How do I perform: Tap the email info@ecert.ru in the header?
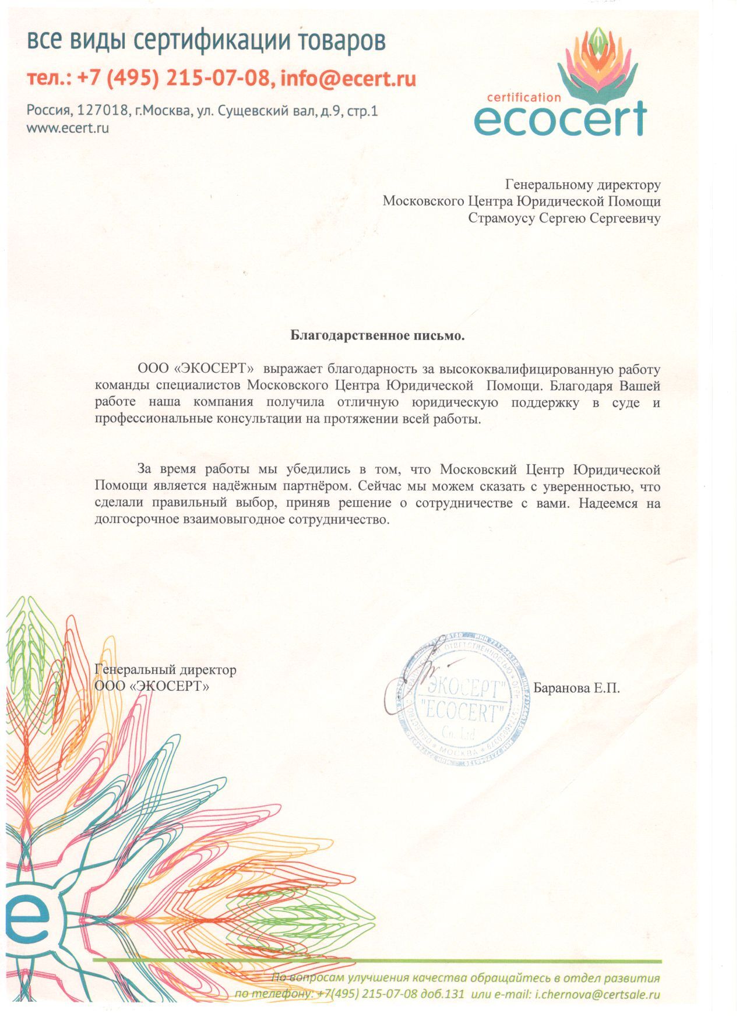click(x=348, y=78)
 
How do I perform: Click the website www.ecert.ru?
click(x=68, y=128)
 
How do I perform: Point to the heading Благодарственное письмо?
click(x=378, y=335)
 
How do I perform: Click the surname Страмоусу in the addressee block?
click(x=501, y=218)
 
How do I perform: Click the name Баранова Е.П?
click(x=576, y=688)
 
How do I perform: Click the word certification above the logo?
click(x=523, y=97)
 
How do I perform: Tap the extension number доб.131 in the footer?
click(x=443, y=994)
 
